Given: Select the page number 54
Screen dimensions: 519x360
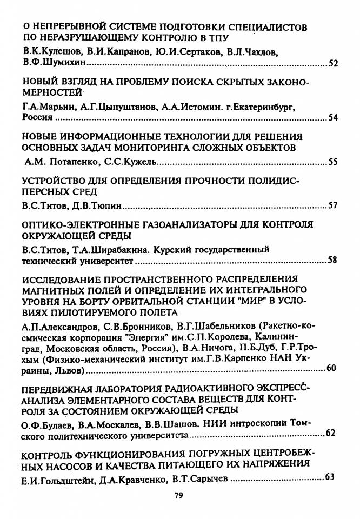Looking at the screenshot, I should (x=333, y=118).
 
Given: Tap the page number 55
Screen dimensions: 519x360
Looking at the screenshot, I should (x=333, y=162).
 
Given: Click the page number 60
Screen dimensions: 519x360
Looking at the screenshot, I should (x=331, y=369).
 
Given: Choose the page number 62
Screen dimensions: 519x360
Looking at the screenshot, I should (x=331, y=433).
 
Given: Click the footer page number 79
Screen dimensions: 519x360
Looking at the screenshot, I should (x=180, y=495).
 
